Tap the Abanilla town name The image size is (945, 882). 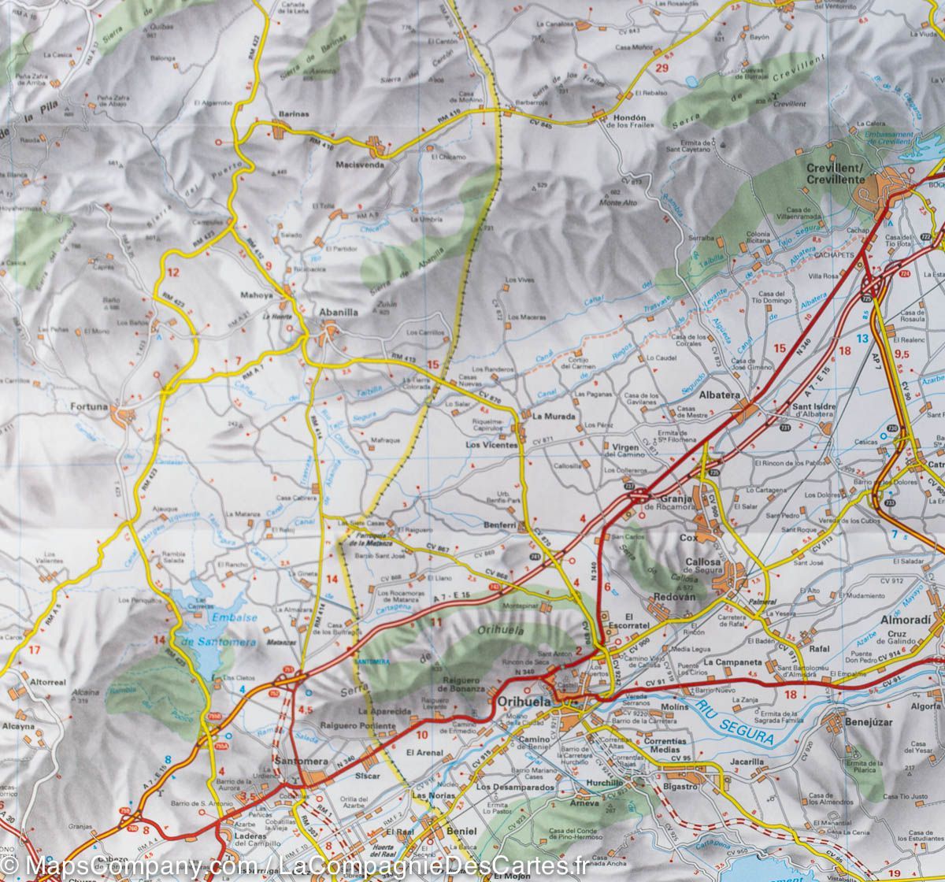click(x=338, y=312)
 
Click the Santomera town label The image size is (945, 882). click(x=302, y=762)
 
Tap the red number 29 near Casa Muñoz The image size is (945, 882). click(x=661, y=69)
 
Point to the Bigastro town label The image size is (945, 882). click(x=680, y=786)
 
